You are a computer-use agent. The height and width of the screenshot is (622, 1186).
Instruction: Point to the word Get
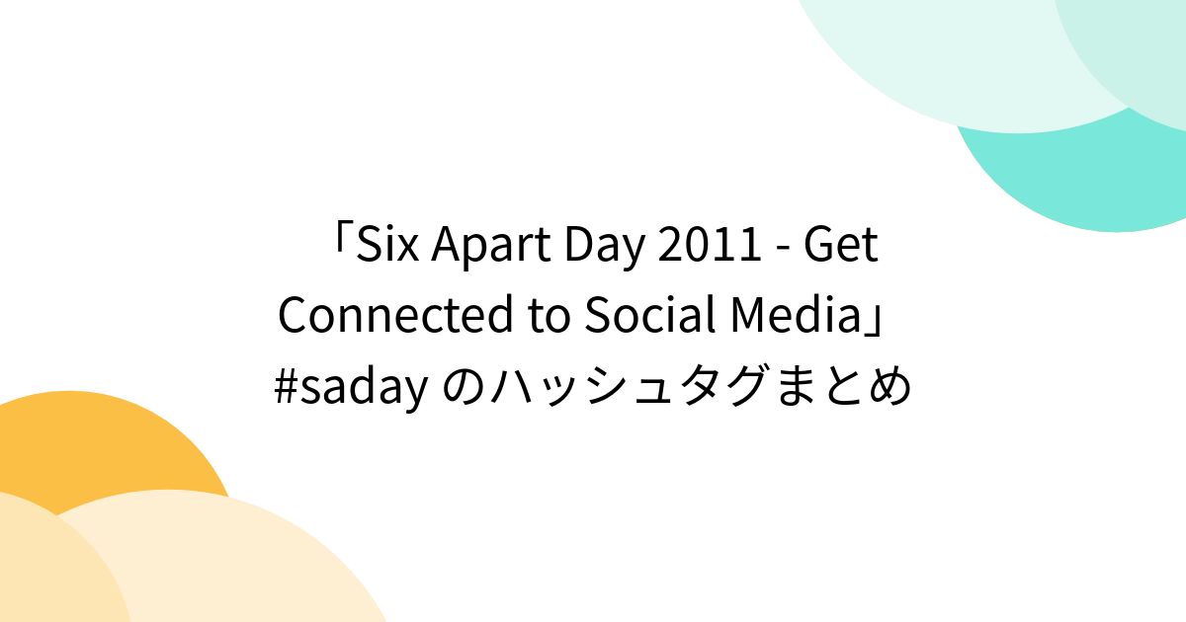coord(841,245)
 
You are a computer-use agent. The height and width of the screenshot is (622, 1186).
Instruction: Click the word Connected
coord(390,316)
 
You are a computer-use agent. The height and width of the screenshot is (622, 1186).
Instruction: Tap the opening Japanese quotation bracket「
coord(341,242)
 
